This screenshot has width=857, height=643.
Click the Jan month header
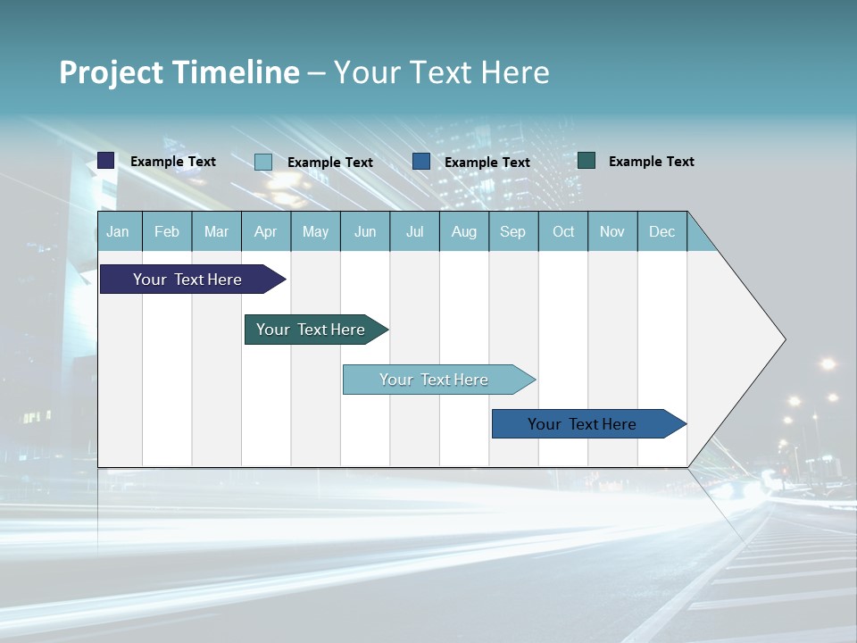click(119, 231)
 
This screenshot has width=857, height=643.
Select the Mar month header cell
click(216, 231)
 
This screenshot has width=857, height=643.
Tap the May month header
click(315, 231)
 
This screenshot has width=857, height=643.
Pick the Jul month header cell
click(414, 231)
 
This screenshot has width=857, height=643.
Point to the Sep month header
click(513, 231)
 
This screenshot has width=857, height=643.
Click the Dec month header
click(661, 231)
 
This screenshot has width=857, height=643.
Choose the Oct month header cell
click(563, 231)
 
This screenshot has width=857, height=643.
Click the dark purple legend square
click(106, 161)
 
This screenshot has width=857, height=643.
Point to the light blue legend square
click(263, 162)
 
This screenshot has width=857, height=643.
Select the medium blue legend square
click(421, 162)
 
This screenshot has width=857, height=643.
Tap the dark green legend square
click(587, 161)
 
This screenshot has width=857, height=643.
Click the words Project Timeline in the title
click(179, 71)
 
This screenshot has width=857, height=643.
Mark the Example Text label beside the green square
click(651, 162)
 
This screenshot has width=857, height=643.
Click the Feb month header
click(167, 231)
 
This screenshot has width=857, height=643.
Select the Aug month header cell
click(463, 231)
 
